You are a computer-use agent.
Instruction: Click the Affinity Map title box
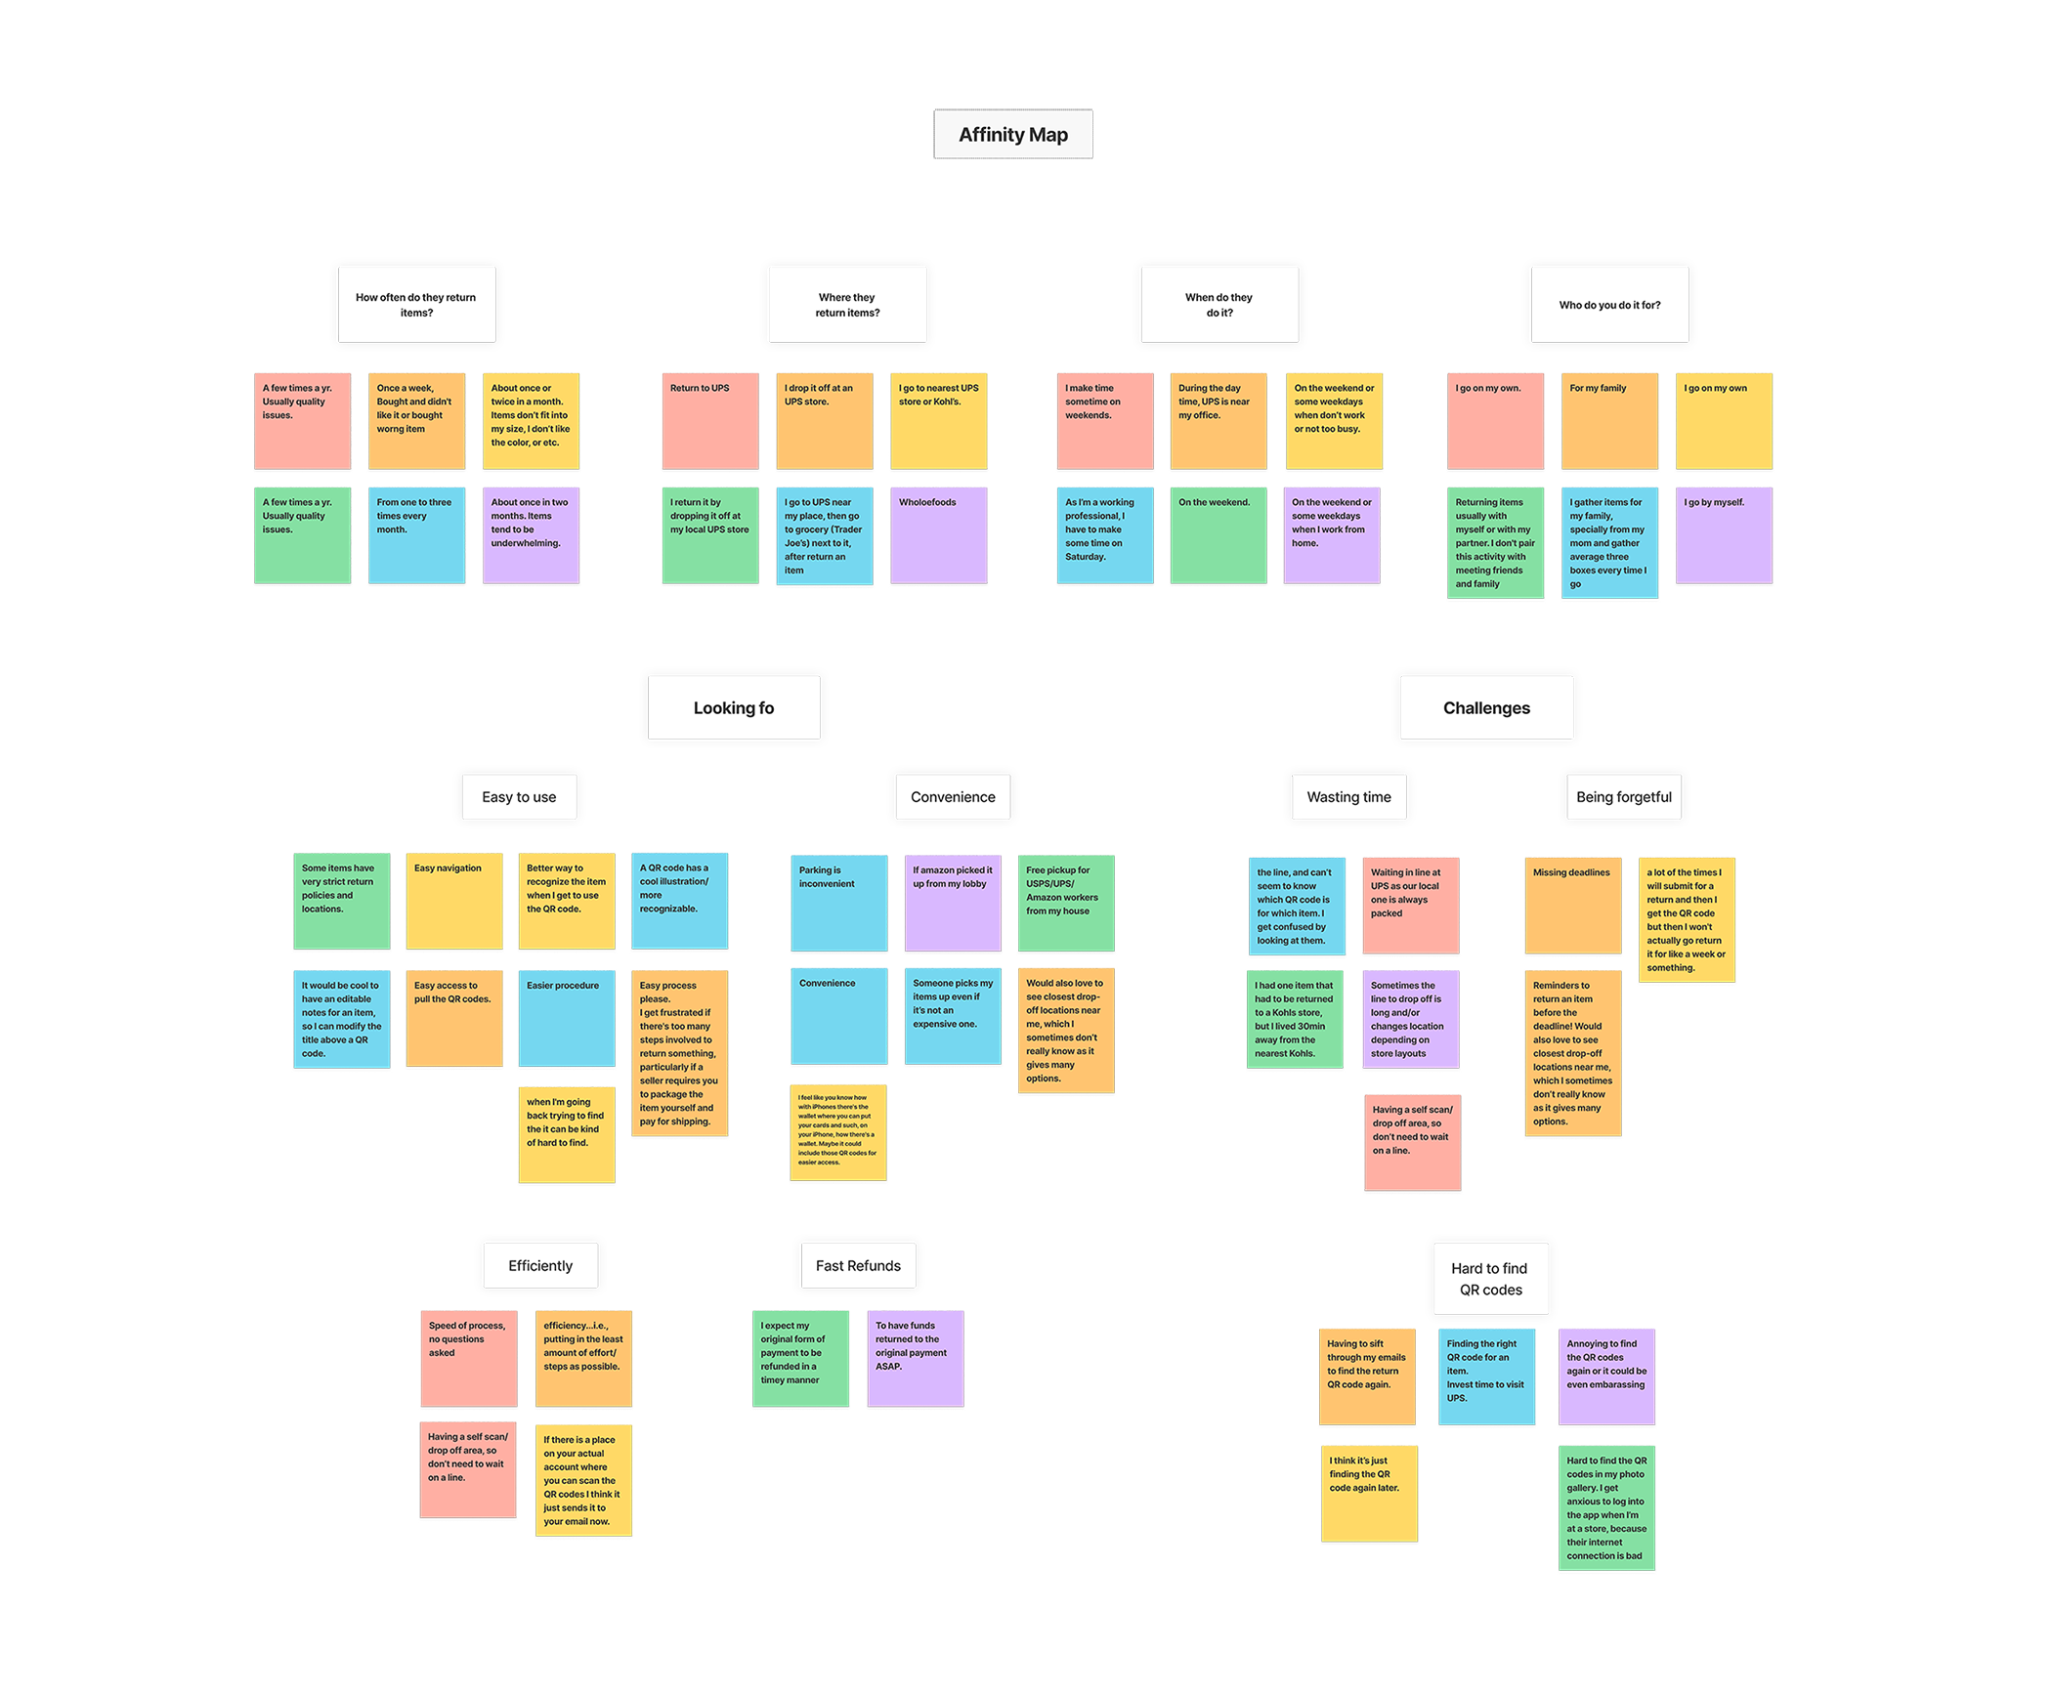(x=1012, y=134)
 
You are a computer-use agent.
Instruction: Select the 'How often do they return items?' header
(x=416, y=305)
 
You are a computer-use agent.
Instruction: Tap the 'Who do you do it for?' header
(x=1608, y=305)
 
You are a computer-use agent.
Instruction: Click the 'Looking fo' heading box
(x=733, y=707)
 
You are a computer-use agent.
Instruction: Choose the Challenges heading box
(x=1485, y=707)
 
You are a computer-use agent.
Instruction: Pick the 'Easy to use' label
(x=519, y=796)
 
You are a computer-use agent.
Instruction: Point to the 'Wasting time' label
(x=1348, y=796)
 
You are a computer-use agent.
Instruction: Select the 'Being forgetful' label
(x=1623, y=796)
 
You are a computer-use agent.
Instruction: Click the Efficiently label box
(x=540, y=1265)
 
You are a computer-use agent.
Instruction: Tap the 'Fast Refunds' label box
(x=858, y=1265)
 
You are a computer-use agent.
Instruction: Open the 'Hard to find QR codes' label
(x=1489, y=1278)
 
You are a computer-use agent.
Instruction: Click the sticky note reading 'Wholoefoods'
(x=938, y=534)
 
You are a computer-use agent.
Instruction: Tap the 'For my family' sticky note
(x=1608, y=420)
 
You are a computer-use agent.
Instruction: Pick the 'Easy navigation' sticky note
(x=454, y=902)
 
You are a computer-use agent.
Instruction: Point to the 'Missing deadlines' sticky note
(x=1572, y=905)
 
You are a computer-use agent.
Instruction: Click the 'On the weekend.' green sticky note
(x=1218, y=534)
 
